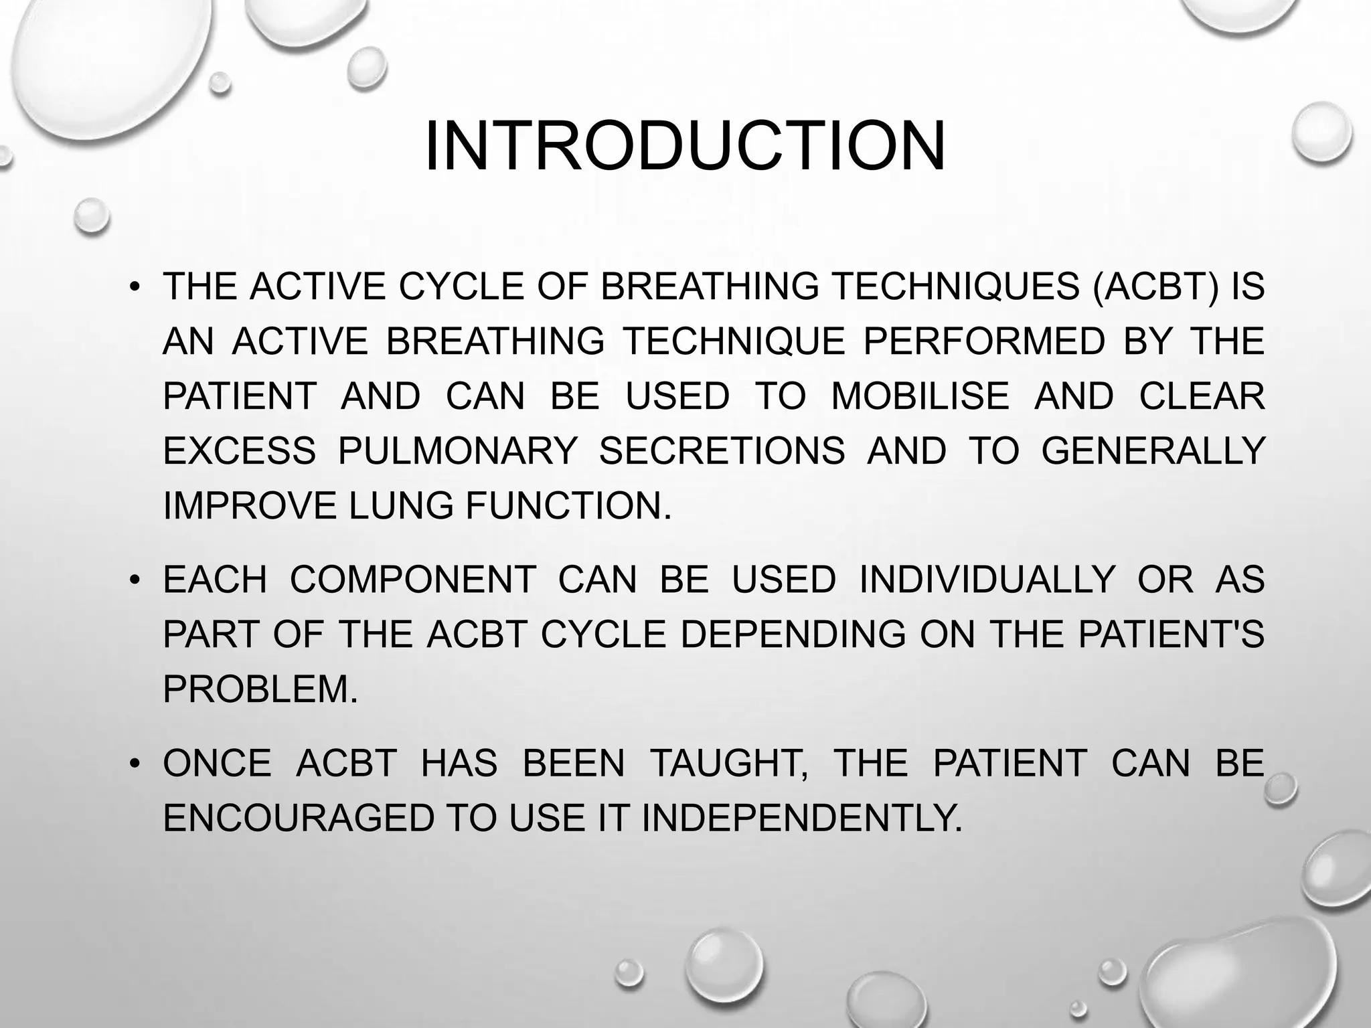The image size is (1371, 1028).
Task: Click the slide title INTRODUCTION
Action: pyautogui.click(x=685, y=147)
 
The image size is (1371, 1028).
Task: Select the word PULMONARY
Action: pyautogui.click(x=457, y=450)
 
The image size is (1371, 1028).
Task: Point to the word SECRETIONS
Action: pyautogui.click(x=722, y=450)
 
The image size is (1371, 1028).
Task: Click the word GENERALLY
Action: pyautogui.click(x=1153, y=450)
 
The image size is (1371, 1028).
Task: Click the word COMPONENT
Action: pyautogui.click(x=413, y=579)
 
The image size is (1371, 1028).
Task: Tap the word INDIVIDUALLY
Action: pyautogui.click(x=987, y=579)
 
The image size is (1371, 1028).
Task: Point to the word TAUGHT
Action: pyautogui.click(x=729, y=763)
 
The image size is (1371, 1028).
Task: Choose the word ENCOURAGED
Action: pyautogui.click(x=299, y=818)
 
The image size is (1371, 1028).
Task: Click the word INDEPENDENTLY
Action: pyautogui.click(x=801, y=818)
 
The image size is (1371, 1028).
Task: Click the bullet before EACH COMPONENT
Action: pyautogui.click(x=135, y=580)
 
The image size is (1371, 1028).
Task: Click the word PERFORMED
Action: pyautogui.click(x=984, y=341)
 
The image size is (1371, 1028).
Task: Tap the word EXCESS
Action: pyautogui.click(x=239, y=450)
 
